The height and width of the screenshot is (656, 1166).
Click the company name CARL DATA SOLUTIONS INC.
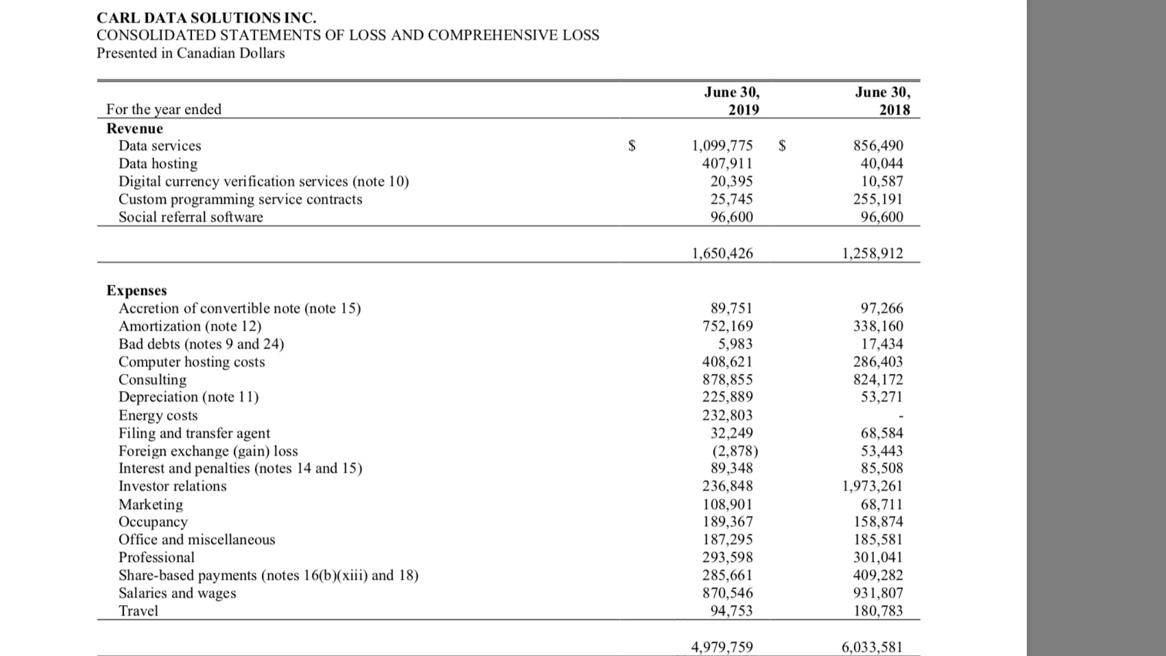(x=206, y=18)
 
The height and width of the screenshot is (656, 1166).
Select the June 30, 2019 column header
(x=732, y=101)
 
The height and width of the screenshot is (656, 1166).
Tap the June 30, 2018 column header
(x=882, y=101)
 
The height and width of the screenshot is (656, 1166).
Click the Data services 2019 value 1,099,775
(x=722, y=146)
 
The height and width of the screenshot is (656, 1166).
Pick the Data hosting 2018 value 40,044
(x=881, y=163)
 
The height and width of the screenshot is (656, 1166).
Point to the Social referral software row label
(x=191, y=217)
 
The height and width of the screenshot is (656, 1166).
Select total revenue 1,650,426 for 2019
(x=722, y=253)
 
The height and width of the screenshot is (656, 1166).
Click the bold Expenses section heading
(x=137, y=290)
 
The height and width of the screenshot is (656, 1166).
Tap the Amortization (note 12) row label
(x=190, y=326)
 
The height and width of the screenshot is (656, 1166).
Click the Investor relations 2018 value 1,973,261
(x=872, y=486)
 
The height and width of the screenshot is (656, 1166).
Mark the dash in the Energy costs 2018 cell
(x=900, y=416)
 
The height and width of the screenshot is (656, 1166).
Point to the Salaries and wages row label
(x=177, y=593)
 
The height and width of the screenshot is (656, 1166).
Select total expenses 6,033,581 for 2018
(x=872, y=647)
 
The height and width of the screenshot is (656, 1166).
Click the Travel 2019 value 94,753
(x=732, y=611)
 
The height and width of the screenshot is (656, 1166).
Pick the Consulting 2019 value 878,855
(x=727, y=380)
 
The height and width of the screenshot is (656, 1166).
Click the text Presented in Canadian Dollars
(x=191, y=53)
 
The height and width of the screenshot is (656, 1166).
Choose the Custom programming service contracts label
(x=240, y=199)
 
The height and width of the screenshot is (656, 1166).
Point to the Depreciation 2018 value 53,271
(x=881, y=397)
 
